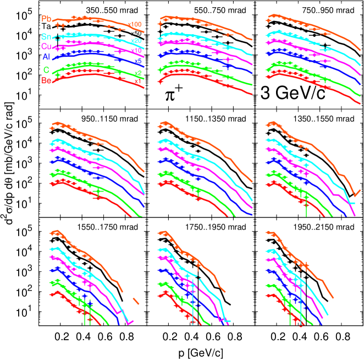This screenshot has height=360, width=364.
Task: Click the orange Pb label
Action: point(46,19)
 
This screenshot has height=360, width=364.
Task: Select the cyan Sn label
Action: point(46,36)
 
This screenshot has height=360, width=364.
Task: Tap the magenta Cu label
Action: point(46,46)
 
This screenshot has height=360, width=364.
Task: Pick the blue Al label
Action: point(46,57)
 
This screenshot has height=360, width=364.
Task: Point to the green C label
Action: point(46,70)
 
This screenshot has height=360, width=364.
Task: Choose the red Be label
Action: point(46,80)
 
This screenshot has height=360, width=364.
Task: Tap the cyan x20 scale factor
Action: point(137,41)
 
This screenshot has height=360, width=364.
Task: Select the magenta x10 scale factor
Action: point(137,51)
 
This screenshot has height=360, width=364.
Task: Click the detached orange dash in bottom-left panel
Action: point(136,301)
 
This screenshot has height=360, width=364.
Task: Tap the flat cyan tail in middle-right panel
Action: point(352,203)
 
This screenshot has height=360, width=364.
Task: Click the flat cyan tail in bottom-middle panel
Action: point(227,320)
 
